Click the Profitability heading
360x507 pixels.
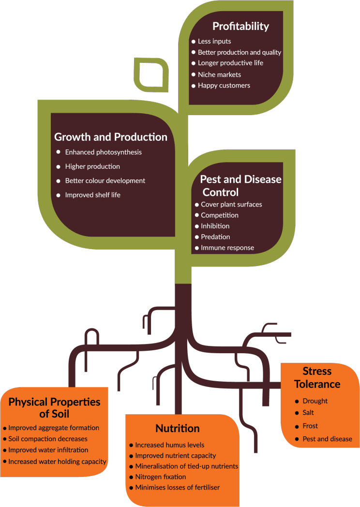(x=241, y=26)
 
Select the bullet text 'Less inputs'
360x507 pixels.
(x=214, y=42)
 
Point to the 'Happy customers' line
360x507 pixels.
(x=224, y=86)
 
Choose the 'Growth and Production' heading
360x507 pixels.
(x=111, y=137)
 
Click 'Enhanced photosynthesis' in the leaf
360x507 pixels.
(x=104, y=152)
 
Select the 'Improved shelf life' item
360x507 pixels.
(x=93, y=195)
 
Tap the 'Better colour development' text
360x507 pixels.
(x=105, y=181)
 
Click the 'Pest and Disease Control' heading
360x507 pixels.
(x=240, y=185)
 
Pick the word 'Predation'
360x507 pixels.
(x=215, y=237)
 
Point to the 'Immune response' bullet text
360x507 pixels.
(x=227, y=248)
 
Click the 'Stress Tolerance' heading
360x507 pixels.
(x=317, y=378)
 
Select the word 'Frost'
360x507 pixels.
(x=310, y=426)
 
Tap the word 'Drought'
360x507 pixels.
(x=315, y=401)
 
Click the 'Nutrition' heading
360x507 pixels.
(x=177, y=428)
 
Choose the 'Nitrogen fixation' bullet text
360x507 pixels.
(x=161, y=477)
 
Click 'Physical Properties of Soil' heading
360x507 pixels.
(x=54, y=408)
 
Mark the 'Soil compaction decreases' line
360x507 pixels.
(x=48, y=439)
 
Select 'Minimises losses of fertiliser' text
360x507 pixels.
(x=178, y=488)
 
